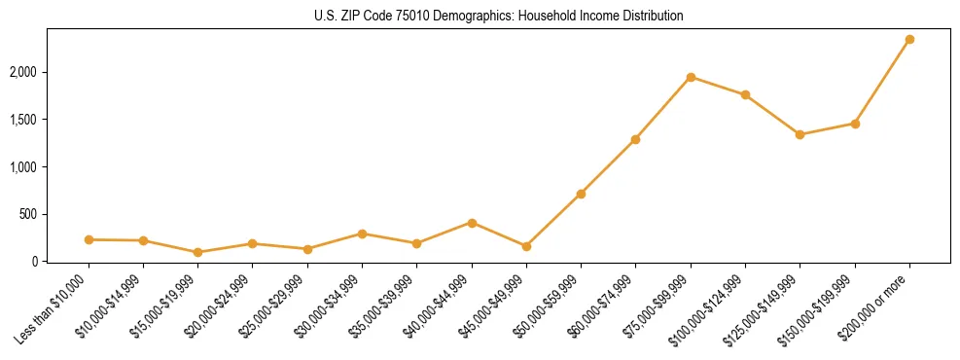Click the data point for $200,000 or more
pos(909,40)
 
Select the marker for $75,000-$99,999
pos(691,77)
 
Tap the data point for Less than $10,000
pos(89,239)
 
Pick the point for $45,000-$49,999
pos(526,246)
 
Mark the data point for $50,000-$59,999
pos(581,194)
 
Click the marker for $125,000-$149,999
pos(800,134)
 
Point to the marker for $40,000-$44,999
pos(472,223)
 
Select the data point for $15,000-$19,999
pos(198,252)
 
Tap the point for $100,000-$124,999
pos(745,94)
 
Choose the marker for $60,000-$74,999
pos(635,139)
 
